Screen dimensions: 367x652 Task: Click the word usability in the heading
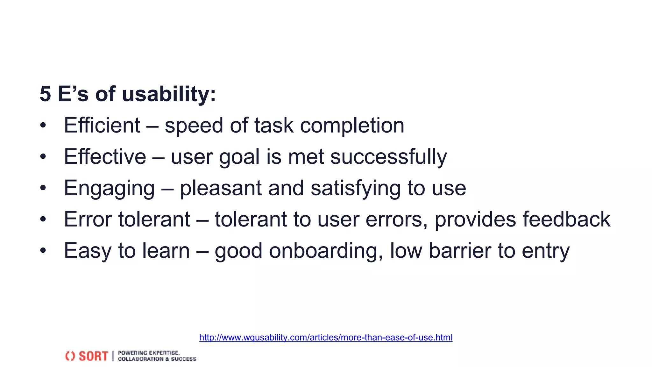169,95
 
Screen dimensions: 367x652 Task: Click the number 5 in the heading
45,95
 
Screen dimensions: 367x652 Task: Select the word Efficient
102,125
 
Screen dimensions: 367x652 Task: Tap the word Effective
105,156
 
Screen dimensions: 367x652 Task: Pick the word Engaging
109,188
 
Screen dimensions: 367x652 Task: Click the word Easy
87,251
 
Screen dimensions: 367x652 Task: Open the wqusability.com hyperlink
326,337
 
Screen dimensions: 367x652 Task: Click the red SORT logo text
93,356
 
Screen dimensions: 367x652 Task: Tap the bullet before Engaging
43,188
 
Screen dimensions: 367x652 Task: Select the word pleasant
220,188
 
